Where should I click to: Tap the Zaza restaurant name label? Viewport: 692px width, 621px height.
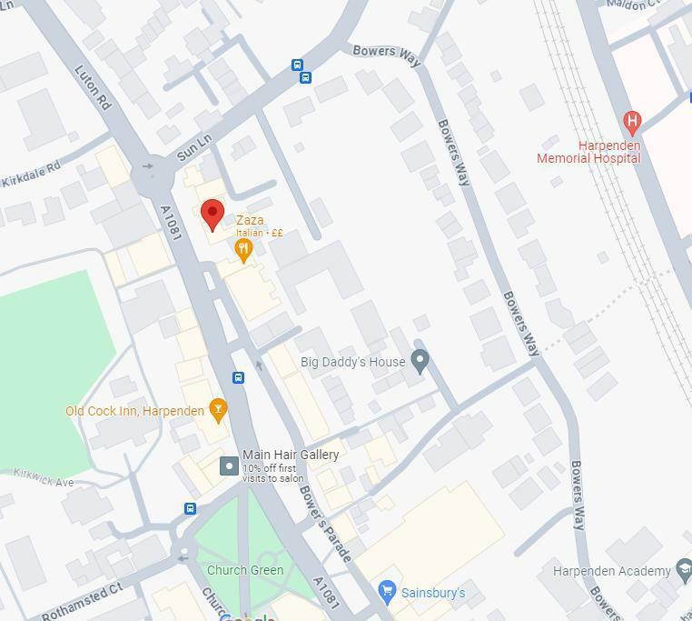[x=250, y=220]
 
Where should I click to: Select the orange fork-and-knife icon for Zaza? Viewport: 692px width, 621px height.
[x=243, y=250]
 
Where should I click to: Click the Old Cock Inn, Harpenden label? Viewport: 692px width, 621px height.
[x=134, y=411]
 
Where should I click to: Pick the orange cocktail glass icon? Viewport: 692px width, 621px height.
[x=217, y=411]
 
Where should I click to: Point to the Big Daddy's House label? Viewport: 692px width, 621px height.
[x=352, y=362]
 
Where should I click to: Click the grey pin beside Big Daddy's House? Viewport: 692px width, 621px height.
[x=420, y=361]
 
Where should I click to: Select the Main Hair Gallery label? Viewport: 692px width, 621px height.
[x=291, y=455]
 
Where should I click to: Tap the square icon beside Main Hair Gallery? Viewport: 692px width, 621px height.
[x=230, y=466]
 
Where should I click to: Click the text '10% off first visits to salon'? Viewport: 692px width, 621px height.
[x=273, y=473]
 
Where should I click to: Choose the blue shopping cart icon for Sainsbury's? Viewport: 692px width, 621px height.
[x=387, y=592]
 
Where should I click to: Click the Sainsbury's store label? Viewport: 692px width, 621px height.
[x=433, y=593]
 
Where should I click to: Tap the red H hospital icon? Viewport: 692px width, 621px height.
[x=632, y=121]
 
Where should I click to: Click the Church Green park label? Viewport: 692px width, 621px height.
[x=245, y=570]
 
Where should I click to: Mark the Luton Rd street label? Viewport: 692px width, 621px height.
[x=93, y=87]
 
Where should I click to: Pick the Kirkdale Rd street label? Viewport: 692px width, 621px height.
[x=30, y=174]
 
